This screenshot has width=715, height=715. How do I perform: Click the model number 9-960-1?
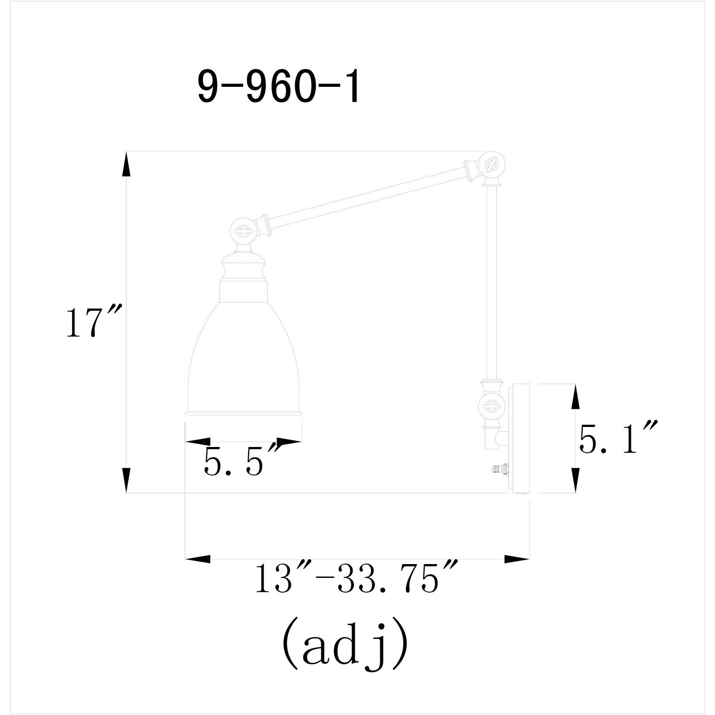coord(278,88)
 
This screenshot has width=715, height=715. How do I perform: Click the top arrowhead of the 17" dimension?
coord(126,164)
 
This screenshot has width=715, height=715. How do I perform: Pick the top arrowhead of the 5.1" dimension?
coord(575,396)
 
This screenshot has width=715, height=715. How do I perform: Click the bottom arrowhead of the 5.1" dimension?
coord(575,481)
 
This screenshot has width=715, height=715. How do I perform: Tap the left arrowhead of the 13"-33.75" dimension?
coord(198,559)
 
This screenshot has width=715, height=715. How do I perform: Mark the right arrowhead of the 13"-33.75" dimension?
coord(516,559)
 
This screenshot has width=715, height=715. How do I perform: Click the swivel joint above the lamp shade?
coord(244,230)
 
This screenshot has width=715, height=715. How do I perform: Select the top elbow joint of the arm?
coord(492,165)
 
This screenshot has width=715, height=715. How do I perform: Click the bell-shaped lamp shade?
coord(244,356)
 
